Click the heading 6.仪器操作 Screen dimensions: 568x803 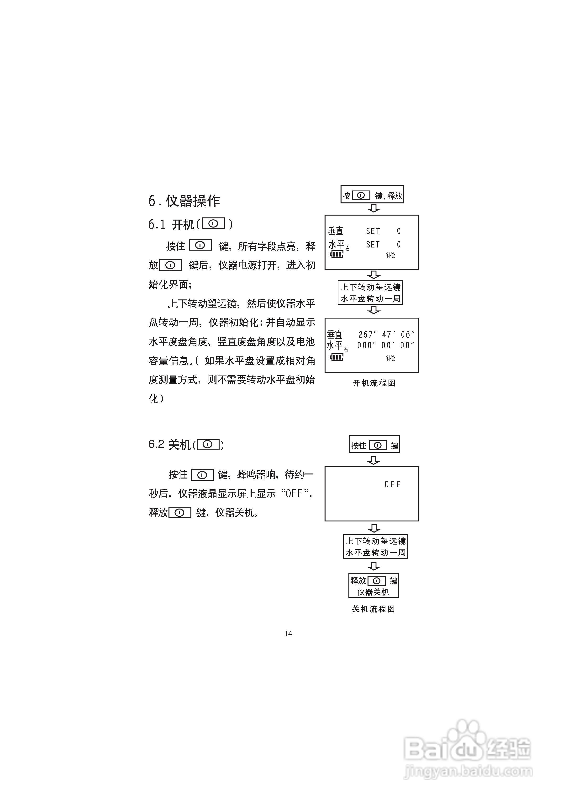click(x=184, y=201)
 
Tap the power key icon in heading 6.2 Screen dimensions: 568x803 click(x=208, y=444)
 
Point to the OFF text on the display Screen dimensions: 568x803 click(x=392, y=484)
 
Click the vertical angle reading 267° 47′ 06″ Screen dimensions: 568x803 click(x=386, y=335)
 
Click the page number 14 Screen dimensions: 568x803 click(x=288, y=633)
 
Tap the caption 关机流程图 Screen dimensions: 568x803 click(x=373, y=609)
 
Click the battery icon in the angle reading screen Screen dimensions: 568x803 click(x=337, y=357)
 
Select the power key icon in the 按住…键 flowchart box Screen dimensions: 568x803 click(x=378, y=445)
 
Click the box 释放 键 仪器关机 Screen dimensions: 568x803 click(x=374, y=585)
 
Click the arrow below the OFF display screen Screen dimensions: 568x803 click(x=374, y=528)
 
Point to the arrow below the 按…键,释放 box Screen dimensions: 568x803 click(x=374, y=208)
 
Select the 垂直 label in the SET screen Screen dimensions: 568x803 click(x=336, y=231)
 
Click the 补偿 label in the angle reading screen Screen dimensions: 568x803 click(x=390, y=358)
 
